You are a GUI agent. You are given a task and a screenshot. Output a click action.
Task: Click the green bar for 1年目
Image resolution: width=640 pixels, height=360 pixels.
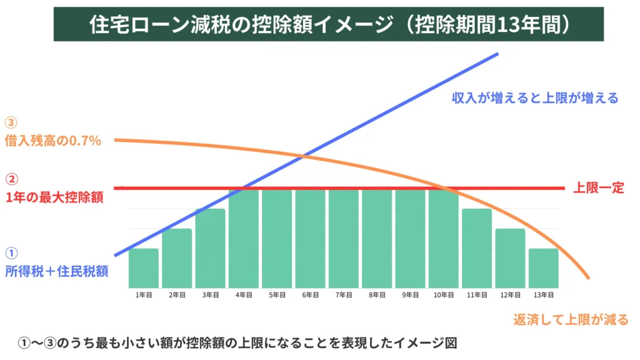tap(143, 268)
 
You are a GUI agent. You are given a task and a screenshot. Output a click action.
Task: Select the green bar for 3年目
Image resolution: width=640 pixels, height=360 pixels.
tap(210, 248)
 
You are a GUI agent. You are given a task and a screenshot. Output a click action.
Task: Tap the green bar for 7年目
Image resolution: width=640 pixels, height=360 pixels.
tap(343, 238)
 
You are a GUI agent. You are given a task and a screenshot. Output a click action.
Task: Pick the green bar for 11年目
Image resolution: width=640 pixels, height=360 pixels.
tap(477, 248)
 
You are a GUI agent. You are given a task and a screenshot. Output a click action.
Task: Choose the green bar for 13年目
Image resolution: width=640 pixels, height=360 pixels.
tap(543, 268)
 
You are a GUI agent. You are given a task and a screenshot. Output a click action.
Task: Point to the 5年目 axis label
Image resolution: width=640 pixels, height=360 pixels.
tap(277, 294)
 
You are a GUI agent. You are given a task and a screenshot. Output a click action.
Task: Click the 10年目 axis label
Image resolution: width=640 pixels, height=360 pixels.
tap(443, 294)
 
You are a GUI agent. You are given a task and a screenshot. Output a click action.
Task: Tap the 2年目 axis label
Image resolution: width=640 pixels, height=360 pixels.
tap(177, 294)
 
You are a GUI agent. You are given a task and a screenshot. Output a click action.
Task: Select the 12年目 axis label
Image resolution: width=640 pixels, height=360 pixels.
tap(510, 294)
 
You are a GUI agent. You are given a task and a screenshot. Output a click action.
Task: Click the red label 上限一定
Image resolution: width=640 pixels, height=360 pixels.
tap(598, 188)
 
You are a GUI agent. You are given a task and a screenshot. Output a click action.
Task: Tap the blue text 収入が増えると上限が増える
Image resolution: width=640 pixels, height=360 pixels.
tap(535, 98)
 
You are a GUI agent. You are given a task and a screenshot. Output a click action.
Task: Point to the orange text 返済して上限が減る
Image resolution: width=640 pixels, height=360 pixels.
tap(570, 319)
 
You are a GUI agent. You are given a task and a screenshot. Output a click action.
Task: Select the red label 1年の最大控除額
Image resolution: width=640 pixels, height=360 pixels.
tap(54, 197)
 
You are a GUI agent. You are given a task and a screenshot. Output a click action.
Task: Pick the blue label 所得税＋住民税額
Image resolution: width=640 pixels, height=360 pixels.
tap(57, 272)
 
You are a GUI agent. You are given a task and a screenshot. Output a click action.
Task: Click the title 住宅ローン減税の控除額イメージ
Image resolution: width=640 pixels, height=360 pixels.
tap(244, 24)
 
